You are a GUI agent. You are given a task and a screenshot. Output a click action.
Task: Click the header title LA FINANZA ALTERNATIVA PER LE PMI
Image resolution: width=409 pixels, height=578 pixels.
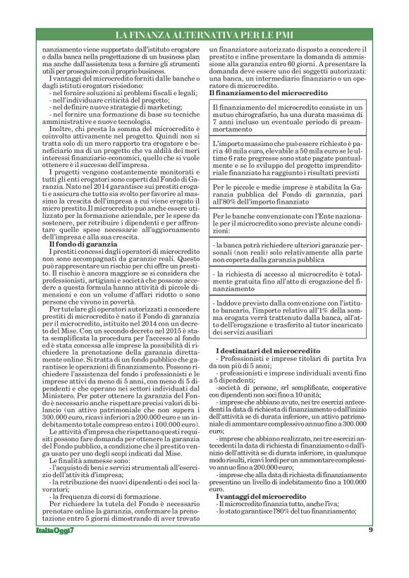[204, 35]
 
